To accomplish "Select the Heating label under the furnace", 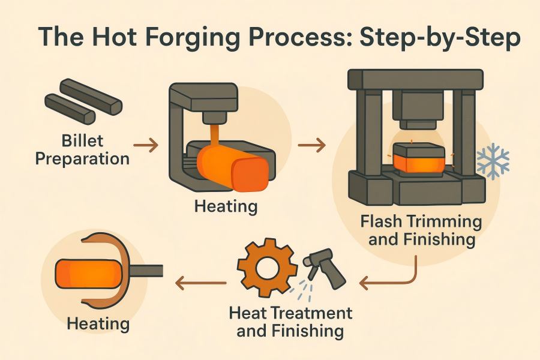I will (x=225, y=208).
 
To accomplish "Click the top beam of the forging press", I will (x=415, y=79).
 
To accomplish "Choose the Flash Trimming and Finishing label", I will (x=421, y=230).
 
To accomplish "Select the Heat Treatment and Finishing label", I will (x=291, y=322).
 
